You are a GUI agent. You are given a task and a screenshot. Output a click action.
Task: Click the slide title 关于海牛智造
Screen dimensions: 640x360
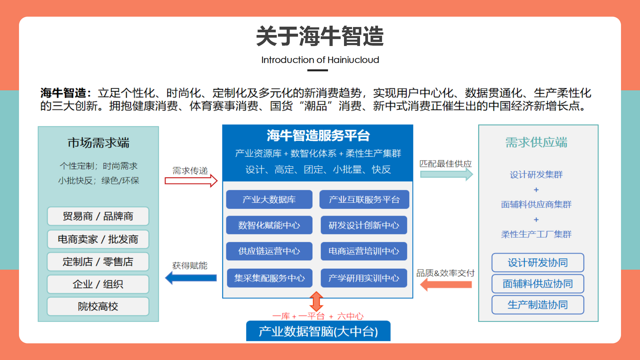pyautogui.click(x=320, y=36)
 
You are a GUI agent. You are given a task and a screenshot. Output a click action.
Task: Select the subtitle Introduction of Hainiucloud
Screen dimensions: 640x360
pyautogui.click(x=320, y=60)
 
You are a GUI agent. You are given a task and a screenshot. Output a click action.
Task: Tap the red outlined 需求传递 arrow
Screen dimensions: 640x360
pyautogui.click(x=191, y=181)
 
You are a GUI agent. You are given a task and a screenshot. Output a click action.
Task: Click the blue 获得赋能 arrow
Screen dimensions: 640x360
pyautogui.click(x=191, y=278)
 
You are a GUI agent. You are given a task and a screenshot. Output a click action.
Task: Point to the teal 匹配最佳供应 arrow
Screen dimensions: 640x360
pyautogui.click(x=447, y=174)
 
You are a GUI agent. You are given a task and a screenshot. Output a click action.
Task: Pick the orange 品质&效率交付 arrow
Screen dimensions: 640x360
pyautogui.click(x=446, y=284)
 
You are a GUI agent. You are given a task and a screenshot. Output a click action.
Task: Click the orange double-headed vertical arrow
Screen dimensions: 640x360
pyautogui.click(x=316, y=301)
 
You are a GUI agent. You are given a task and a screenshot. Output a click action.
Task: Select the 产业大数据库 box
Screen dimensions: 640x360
pyautogui.click(x=269, y=199)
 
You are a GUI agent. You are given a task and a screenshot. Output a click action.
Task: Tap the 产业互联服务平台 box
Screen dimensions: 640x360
pyautogui.click(x=364, y=199)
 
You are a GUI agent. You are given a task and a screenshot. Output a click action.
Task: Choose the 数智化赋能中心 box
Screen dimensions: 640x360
pyautogui.click(x=269, y=225)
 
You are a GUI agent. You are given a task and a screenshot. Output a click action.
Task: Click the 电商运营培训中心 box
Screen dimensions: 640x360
pyautogui.click(x=364, y=251)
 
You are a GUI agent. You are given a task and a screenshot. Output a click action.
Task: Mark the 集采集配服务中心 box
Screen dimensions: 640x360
pyautogui.click(x=270, y=278)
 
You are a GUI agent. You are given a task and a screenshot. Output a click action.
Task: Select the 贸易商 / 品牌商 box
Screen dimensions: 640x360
pyautogui.click(x=98, y=216)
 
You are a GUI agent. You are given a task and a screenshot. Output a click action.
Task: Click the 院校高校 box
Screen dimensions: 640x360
pyautogui.click(x=98, y=306)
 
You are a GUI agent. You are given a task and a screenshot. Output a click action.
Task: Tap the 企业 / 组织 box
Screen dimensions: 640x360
pyautogui.click(x=98, y=284)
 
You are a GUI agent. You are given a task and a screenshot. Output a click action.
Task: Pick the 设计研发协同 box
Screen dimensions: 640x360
pyautogui.click(x=538, y=263)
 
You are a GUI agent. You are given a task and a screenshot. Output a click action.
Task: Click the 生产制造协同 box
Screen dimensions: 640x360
pyautogui.click(x=538, y=305)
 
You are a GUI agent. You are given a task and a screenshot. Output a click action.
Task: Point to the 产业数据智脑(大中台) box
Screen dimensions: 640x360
pyautogui.click(x=318, y=331)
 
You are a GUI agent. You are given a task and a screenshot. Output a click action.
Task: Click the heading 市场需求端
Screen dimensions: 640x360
pyautogui.click(x=98, y=143)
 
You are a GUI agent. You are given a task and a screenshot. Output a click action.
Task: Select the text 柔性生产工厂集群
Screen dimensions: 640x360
pyautogui.click(x=536, y=234)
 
